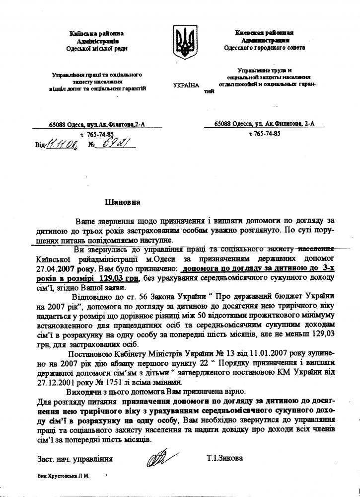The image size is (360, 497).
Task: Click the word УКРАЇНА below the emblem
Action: click(186, 85)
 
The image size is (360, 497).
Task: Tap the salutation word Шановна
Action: click(122, 202)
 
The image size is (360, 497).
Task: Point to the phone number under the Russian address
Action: click(264, 134)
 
